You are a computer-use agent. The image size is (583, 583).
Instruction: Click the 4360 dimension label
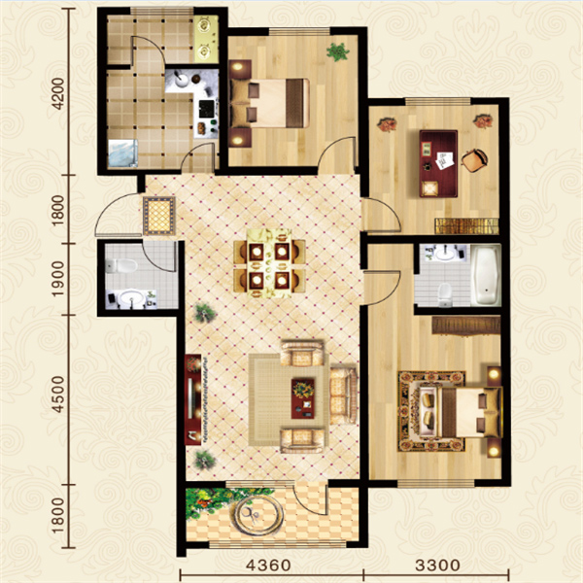(x=268, y=566)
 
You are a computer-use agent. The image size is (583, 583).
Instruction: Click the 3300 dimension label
(x=437, y=566)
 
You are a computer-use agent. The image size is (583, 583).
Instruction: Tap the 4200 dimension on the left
(x=58, y=94)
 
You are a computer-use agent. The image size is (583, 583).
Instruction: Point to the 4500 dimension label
(x=58, y=394)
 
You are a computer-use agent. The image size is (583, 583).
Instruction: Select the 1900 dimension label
(x=58, y=279)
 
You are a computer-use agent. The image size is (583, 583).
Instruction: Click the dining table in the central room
(x=269, y=263)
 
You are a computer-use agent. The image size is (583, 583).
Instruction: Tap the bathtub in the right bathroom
(x=486, y=275)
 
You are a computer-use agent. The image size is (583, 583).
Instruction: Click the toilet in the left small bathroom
(x=120, y=265)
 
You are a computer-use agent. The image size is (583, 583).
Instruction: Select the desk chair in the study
(x=474, y=160)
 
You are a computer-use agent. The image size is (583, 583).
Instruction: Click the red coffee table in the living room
(x=302, y=398)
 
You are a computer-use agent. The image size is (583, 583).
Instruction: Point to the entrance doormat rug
(x=159, y=216)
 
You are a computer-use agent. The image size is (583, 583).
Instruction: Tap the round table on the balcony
(x=258, y=515)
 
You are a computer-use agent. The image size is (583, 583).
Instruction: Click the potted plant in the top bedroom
(x=338, y=51)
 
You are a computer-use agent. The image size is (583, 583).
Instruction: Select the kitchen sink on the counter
(x=184, y=80)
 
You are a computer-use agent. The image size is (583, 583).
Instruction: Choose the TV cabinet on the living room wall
(x=193, y=399)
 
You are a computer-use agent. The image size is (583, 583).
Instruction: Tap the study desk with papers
(x=438, y=163)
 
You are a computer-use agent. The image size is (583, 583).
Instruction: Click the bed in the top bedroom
(x=270, y=103)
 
